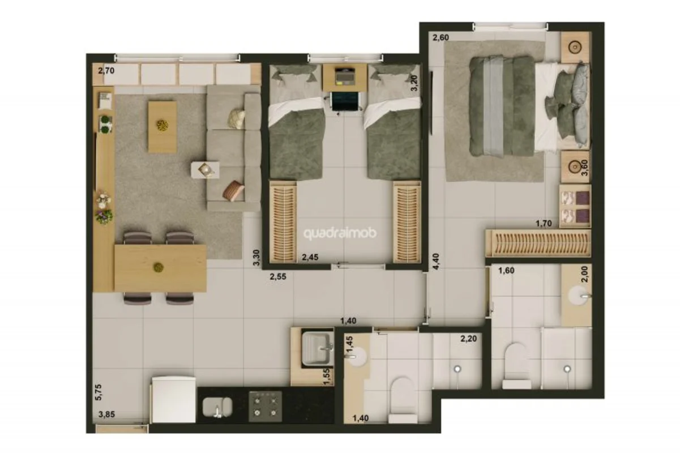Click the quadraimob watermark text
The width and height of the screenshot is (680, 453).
pyautogui.click(x=340, y=233)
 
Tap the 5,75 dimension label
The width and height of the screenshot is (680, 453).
pyautogui.click(x=99, y=392)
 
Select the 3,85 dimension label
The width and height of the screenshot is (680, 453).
pyautogui.click(x=106, y=414)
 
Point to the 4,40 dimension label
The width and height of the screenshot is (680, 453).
pyautogui.click(x=435, y=262)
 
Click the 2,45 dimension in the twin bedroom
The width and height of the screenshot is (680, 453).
pyautogui.click(x=310, y=257)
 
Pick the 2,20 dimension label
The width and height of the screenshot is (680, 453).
pyautogui.click(x=469, y=338)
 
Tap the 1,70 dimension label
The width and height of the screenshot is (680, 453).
pyautogui.click(x=544, y=224)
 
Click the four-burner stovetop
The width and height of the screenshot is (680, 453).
pyautogui.click(x=266, y=406)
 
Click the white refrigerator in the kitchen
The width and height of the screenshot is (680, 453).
pyautogui.click(x=174, y=400)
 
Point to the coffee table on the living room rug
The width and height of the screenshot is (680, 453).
pyautogui.click(x=162, y=127)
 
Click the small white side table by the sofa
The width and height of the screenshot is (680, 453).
pyautogui.click(x=205, y=170)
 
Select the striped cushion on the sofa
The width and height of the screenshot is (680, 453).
pyautogui.click(x=233, y=190)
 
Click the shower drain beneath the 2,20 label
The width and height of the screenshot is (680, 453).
pyautogui.click(x=457, y=369)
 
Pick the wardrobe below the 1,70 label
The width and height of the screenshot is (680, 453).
pyautogui.click(x=538, y=243)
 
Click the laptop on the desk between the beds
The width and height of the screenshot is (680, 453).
pyautogui.click(x=345, y=76)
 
